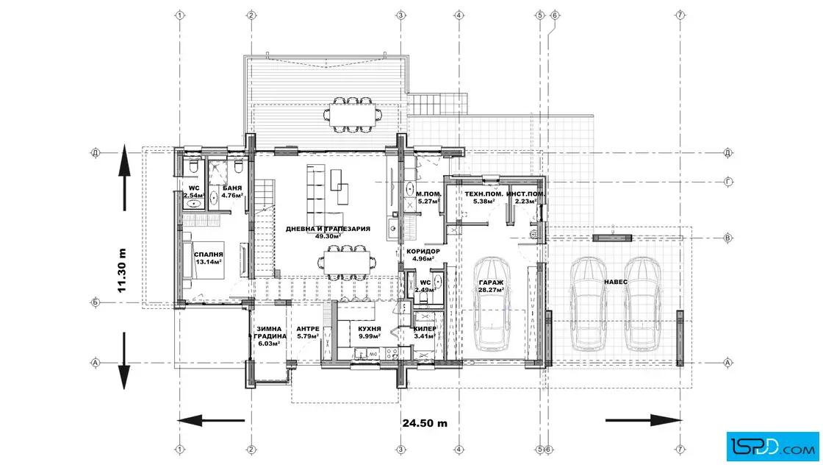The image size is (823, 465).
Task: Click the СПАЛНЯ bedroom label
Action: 209,255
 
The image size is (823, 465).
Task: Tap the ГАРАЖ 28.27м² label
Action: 492,285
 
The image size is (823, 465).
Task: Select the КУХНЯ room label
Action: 370,329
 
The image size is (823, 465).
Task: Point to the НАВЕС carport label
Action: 616,282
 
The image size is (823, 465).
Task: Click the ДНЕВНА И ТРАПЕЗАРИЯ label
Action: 328,229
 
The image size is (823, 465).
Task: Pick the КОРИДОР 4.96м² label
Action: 423,255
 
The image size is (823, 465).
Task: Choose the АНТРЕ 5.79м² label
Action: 308,333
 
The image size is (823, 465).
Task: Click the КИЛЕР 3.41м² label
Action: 425,333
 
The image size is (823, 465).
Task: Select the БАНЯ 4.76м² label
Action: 232,192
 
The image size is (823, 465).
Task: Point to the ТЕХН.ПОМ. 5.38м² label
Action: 484,197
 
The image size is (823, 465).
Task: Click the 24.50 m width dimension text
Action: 425,423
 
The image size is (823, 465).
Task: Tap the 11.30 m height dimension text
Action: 122,270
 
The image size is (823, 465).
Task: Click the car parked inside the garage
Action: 492,303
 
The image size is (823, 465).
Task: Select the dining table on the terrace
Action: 353,113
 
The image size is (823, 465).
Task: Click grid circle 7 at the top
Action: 680,15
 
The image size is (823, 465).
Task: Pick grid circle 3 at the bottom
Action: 401,450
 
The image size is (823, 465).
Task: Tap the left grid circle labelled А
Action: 96,363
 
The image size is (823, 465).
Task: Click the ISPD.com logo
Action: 772,447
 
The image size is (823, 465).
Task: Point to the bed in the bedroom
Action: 204,260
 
